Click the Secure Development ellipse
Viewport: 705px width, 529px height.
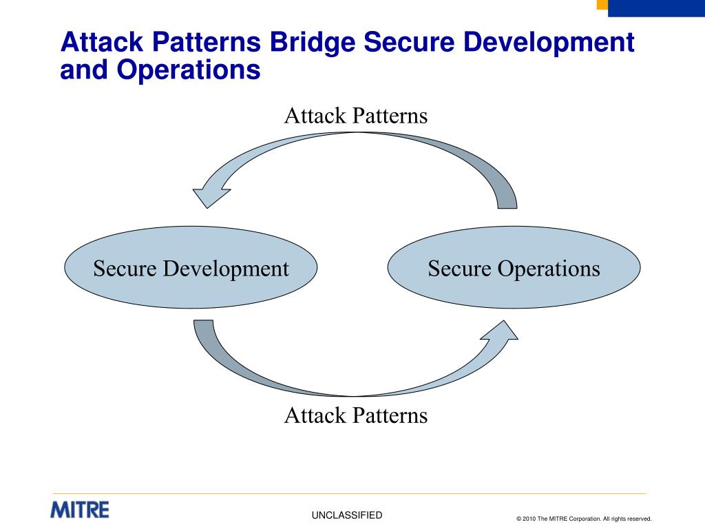[191, 268]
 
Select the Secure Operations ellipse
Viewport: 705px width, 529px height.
[514, 268]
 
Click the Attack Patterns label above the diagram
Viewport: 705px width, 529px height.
[356, 115]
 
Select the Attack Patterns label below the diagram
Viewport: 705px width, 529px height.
[356, 415]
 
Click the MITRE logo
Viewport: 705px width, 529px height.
[80, 510]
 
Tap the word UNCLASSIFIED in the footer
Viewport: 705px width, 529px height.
[346, 515]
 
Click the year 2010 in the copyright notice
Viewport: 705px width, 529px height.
[529, 519]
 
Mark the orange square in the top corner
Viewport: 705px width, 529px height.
[602, 4]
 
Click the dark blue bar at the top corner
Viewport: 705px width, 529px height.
[657, 8]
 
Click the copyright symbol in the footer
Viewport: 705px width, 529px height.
[518, 519]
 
